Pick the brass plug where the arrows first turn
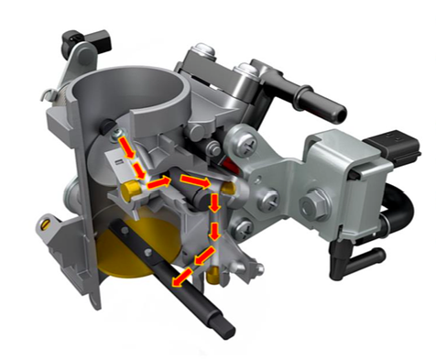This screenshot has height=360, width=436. tap(130, 190)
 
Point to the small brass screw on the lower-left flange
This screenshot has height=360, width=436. tap(42, 221)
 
